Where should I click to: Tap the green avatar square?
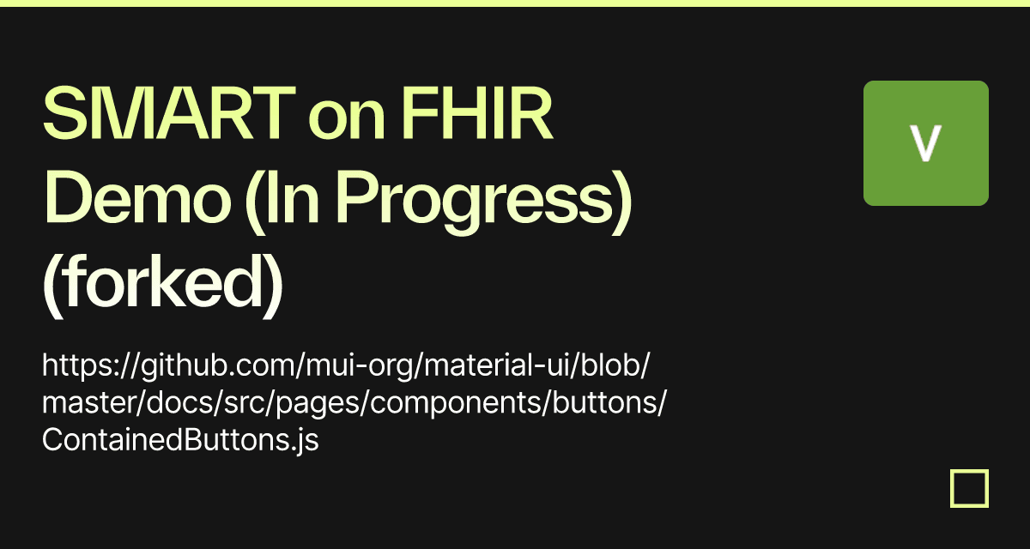(x=925, y=143)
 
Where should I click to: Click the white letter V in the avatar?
(x=925, y=143)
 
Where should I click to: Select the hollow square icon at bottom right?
(x=969, y=489)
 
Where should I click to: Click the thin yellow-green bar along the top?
(x=515, y=3)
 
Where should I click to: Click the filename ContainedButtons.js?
(x=180, y=441)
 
